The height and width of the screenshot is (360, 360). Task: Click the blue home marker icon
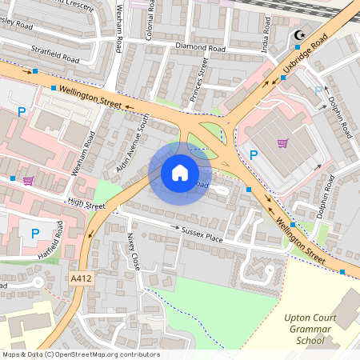click(180, 173)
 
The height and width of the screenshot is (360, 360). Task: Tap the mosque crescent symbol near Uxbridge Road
click(300, 34)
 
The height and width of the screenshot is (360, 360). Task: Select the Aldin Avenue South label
click(133, 132)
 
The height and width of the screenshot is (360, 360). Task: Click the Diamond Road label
click(201, 48)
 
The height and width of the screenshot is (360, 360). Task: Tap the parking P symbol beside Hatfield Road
click(34, 233)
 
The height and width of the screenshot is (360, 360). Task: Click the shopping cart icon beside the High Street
click(29, 180)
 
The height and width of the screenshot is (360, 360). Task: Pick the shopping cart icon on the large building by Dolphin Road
click(282, 143)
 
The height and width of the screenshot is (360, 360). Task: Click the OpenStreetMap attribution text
click(81, 354)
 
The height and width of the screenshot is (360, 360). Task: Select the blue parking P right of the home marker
click(254, 154)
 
